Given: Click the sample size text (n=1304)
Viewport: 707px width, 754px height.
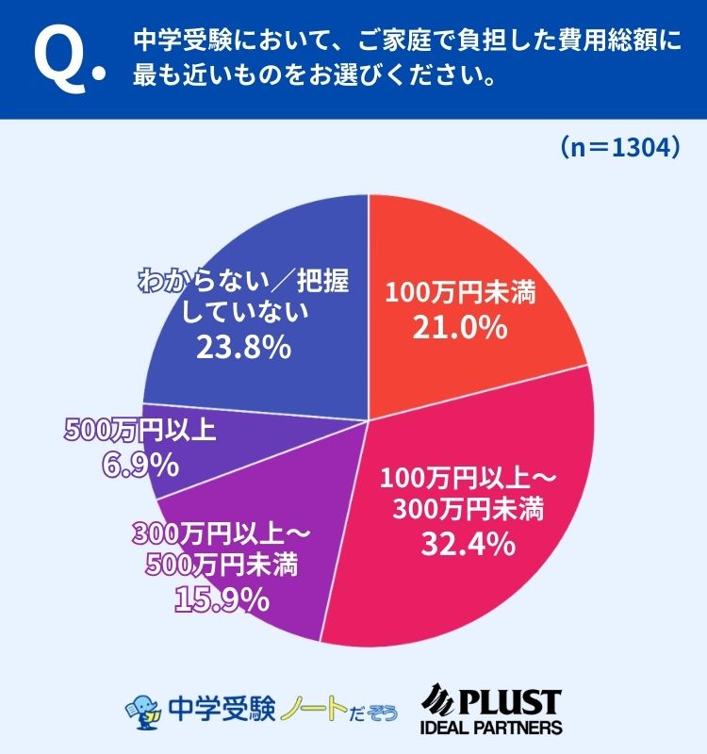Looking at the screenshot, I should [x=617, y=148].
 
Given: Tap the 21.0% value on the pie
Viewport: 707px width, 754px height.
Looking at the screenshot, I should [x=460, y=328].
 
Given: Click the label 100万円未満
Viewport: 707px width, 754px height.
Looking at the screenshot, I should [x=460, y=293].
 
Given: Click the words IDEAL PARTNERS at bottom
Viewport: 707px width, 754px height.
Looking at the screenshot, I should [x=490, y=728].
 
